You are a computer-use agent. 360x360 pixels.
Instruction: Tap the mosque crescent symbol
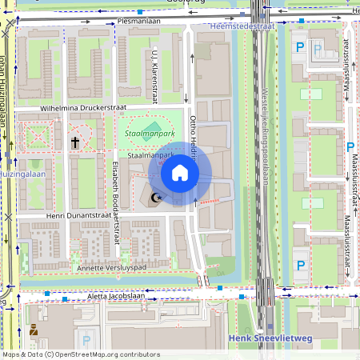156,198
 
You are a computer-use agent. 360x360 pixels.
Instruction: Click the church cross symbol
76,142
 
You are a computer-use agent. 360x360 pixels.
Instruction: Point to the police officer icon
34,330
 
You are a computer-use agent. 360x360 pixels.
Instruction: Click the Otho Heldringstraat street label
194,137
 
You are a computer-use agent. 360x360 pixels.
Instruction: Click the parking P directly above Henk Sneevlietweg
301,266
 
